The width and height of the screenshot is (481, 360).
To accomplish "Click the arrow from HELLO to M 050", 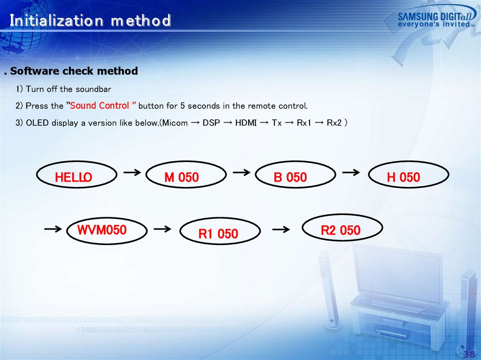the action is point(132,173).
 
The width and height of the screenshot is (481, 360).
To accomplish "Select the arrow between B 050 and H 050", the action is point(351,173).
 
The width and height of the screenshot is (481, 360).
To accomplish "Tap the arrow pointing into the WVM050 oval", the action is point(53,229).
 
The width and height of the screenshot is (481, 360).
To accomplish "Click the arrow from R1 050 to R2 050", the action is point(281,229).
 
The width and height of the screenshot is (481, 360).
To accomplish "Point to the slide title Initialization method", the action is point(90,21).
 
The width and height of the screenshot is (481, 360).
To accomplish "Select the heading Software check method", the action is point(74,71).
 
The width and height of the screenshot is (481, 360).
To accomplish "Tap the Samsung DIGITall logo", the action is point(436,19).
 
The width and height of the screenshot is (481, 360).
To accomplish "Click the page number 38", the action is point(469,354).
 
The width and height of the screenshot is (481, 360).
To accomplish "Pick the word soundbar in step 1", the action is point(93,89).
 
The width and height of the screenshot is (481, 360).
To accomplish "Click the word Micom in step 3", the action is point(175,123).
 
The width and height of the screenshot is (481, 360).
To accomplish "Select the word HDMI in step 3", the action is point(246,123).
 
